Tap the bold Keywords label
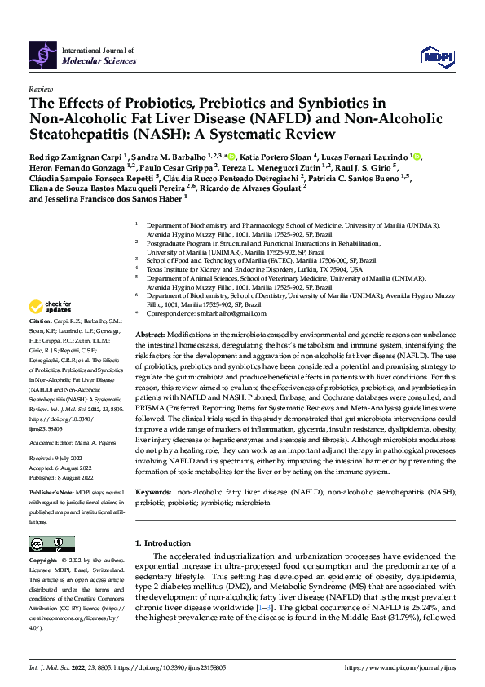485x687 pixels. click(153, 494)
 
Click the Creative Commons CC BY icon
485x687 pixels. click(51, 544)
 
